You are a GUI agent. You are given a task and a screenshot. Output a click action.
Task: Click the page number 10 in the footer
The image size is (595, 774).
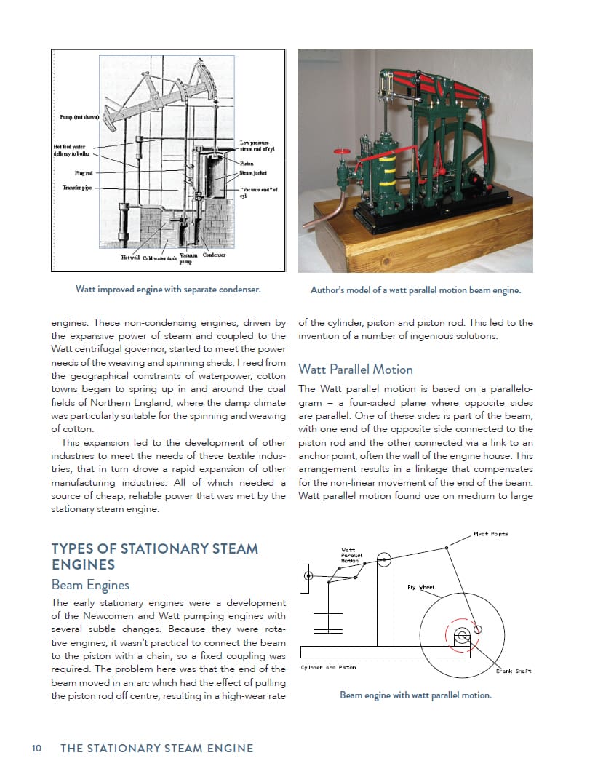click(x=36, y=748)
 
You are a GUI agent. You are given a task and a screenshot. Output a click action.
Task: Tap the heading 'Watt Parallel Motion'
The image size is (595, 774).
click(x=355, y=369)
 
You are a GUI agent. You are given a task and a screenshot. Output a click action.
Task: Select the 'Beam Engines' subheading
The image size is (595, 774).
click(x=90, y=584)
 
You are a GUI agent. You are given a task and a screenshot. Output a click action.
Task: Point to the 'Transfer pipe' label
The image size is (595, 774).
click(x=80, y=188)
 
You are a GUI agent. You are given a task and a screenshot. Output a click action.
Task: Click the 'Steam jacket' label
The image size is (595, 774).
click(x=255, y=172)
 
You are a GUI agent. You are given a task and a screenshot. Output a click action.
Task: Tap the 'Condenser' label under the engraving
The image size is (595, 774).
click(x=214, y=255)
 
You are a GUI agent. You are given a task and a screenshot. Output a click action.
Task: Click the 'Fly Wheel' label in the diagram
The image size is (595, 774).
click(x=420, y=587)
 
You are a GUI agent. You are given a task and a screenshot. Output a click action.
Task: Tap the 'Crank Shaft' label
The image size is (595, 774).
click(x=514, y=671)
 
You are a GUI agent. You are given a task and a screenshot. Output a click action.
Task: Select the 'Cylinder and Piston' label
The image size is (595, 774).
click(x=328, y=667)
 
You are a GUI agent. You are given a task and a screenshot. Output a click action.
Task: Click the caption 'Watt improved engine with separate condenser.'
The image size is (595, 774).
click(x=168, y=290)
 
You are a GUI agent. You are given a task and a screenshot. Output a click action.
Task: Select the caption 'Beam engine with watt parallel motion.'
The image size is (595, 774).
click(x=415, y=695)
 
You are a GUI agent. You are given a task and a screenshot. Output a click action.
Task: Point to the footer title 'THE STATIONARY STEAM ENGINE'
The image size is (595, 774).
click(x=156, y=748)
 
